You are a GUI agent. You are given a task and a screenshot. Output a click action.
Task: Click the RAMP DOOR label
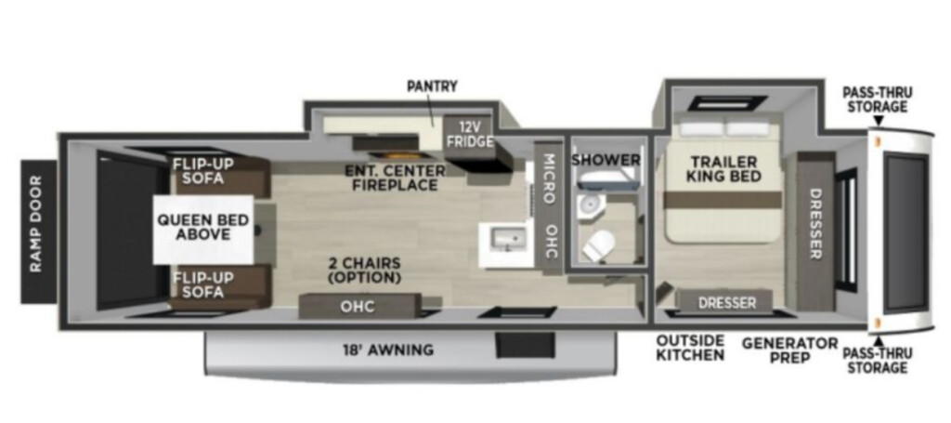36,223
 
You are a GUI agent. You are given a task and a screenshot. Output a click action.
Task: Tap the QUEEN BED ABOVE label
203,227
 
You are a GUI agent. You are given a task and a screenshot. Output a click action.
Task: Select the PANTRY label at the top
432,86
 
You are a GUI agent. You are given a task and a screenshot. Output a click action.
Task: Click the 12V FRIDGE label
470,136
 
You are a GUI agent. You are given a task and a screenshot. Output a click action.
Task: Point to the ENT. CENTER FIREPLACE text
395,178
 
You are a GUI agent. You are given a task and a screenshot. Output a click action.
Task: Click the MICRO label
548,178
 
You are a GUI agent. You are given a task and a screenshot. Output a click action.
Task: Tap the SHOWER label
606,160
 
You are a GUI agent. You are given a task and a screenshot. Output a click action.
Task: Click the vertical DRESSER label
815,223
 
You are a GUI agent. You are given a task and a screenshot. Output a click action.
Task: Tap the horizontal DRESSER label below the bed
727,302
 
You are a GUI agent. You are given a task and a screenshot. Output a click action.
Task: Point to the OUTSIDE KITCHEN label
690,347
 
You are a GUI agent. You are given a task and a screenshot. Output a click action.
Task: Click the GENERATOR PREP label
790,350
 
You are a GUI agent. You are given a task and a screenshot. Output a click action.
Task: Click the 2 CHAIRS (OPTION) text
364,271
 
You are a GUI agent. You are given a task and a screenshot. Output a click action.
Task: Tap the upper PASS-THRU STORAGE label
878,99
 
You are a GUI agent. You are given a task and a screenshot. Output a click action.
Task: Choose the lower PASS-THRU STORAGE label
878,361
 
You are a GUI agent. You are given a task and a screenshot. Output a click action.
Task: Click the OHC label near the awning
358,307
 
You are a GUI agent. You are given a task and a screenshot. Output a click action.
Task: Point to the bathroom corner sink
588,205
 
